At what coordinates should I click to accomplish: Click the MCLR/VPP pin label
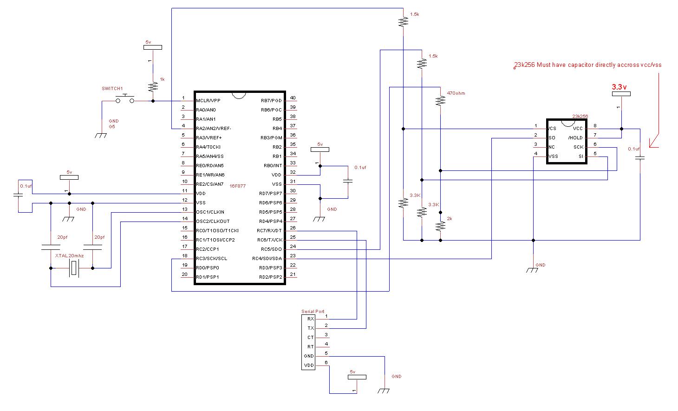(x=208, y=100)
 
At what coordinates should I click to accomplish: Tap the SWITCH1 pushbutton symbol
(x=125, y=99)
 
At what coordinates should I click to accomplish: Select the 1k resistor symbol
(x=153, y=87)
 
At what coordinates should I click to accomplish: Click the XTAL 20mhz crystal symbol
(x=74, y=268)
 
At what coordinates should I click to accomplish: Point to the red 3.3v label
(x=619, y=87)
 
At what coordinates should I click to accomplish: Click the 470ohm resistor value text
(x=456, y=93)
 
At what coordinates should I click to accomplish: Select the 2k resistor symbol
(x=440, y=226)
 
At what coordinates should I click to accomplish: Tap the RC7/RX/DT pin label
(x=269, y=231)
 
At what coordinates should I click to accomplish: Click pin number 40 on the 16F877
(x=293, y=98)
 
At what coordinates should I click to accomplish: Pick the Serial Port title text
(x=313, y=311)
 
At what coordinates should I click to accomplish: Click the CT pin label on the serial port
(x=311, y=338)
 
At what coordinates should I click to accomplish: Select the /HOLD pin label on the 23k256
(x=575, y=138)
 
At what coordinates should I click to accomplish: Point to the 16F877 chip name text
(x=238, y=186)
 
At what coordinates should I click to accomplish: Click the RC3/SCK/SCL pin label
(x=211, y=259)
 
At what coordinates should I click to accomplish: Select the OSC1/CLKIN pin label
(x=210, y=212)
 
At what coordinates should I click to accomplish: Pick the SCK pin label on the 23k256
(x=578, y=147)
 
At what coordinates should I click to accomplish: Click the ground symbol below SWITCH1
(x=101, y=135)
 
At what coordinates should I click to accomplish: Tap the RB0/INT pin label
(x=273, y=165)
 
